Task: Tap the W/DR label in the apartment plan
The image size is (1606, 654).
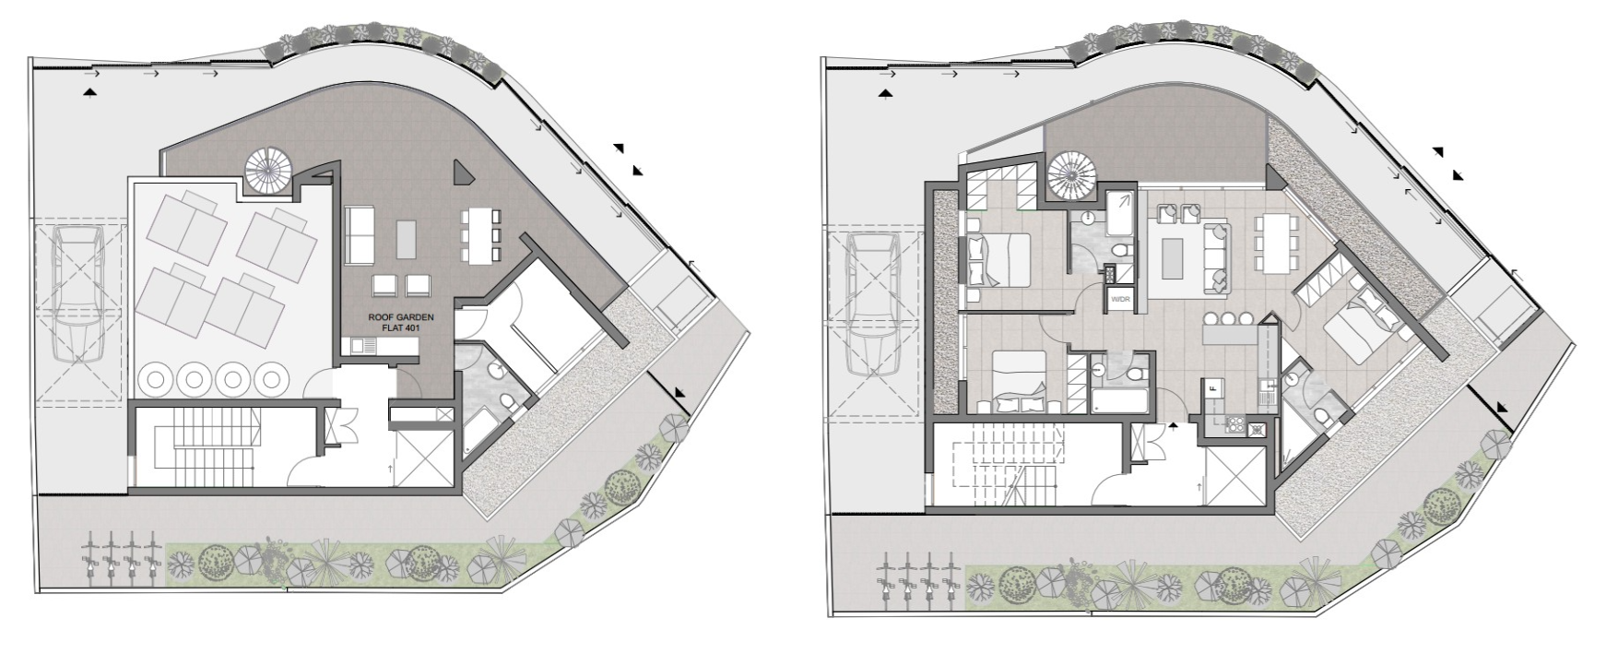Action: point(1120,300)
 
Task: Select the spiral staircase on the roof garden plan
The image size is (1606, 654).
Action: point(268,170)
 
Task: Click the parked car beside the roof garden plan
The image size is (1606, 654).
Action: point(78,294)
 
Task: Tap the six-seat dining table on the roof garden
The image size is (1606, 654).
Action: point(479,234)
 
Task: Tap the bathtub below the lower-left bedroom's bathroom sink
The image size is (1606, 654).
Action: point(1118,401)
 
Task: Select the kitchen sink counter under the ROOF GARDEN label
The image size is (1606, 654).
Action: point(383,346)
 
